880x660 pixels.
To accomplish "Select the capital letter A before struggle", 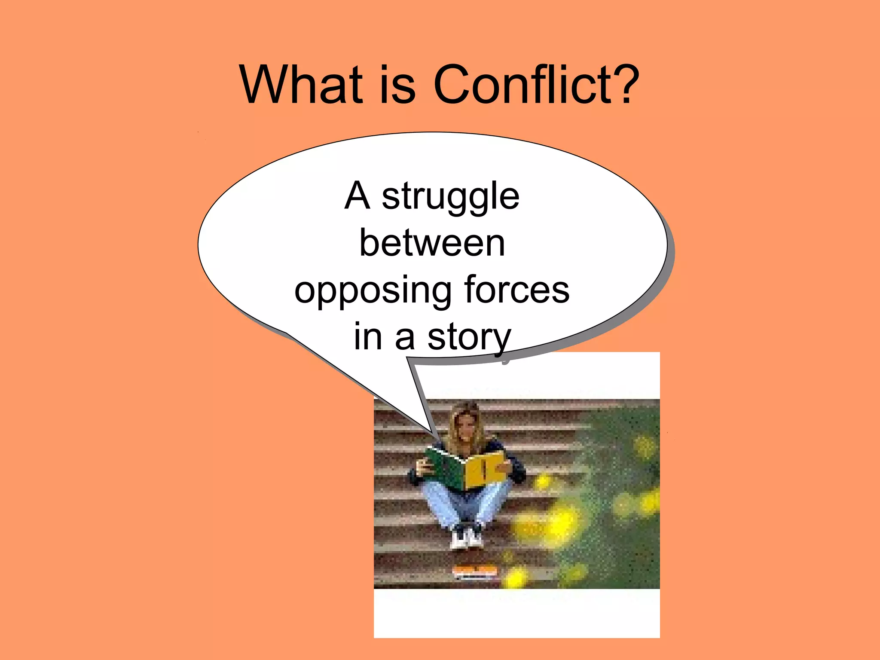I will [357, 196].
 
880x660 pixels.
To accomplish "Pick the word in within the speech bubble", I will [368, 338].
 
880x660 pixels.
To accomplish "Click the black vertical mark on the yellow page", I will [484, 470].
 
